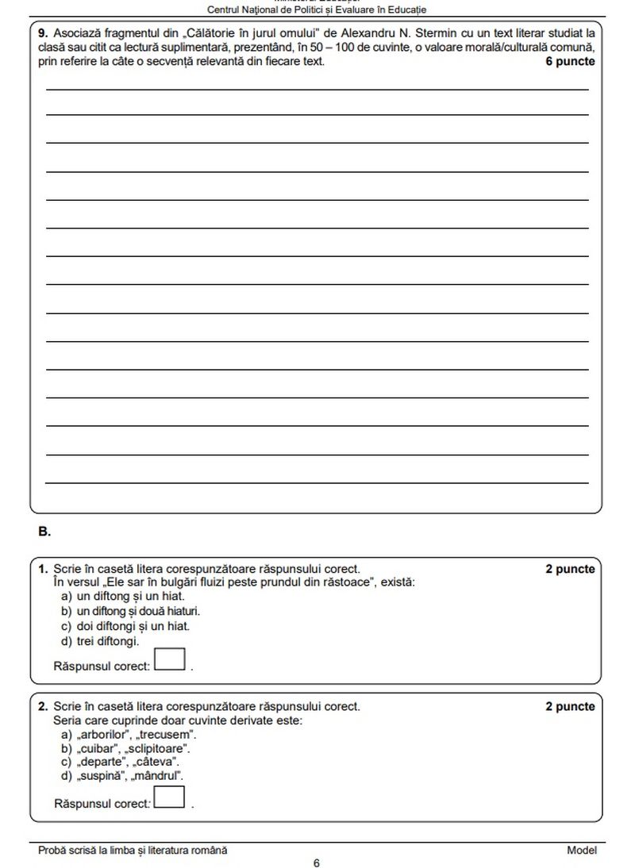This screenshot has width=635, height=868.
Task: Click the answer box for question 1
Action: click(x=170, y=659)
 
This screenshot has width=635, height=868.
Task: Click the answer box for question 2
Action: click(x=170, y=797)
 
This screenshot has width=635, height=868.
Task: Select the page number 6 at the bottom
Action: click(x=317, y=862)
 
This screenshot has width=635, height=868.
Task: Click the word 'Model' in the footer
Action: click(x=581, y=850)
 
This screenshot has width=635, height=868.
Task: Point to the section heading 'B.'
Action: click(x=44, y=532)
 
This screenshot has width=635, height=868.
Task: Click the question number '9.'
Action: click(x=44, y=33)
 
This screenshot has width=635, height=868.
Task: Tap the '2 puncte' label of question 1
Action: click(x=569, y=569)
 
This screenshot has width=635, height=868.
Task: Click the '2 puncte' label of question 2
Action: click(x=569, y=706)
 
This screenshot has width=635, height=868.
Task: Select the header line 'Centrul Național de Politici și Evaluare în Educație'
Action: click(x=317, y=10)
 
